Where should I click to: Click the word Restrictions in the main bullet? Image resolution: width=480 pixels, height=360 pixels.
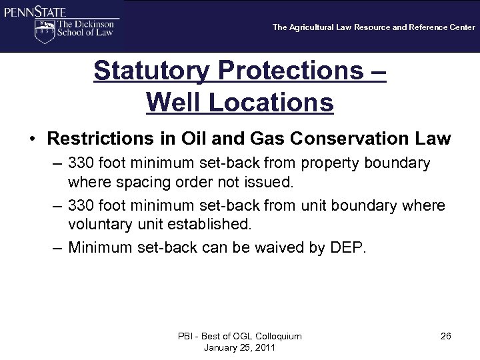[99, 139]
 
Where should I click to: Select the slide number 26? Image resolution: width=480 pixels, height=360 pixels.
[445, 336]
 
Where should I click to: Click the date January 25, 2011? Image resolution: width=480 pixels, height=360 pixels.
[239, 347]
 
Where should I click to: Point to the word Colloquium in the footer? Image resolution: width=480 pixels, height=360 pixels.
[273, 336]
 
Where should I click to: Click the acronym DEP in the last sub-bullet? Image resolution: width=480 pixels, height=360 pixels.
[346, 248]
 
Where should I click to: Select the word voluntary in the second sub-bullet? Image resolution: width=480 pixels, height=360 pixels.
[98, 225]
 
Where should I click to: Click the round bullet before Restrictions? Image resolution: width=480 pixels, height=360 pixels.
[32, 140]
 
